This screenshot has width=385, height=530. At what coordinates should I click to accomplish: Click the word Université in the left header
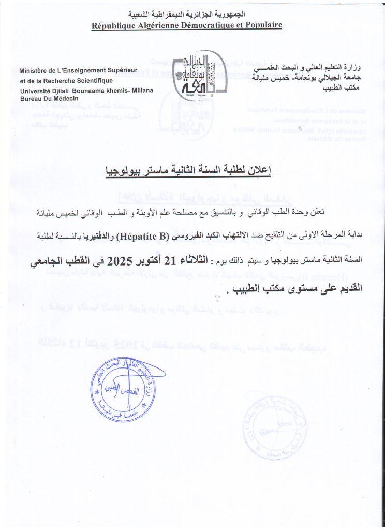click(x=35, y=91)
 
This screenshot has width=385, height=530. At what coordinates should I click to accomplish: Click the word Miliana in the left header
click(x=141, y=91)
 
